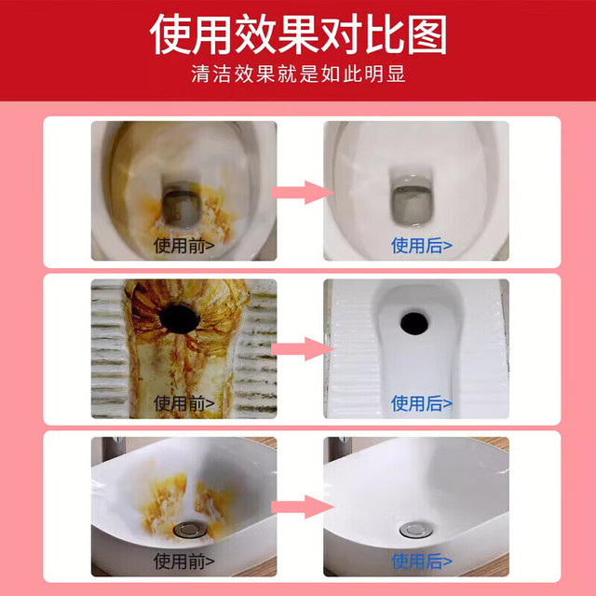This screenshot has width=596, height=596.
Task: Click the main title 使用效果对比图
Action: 298,34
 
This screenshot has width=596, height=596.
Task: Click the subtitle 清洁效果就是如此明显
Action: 298,74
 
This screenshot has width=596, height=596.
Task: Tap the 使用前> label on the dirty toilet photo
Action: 184,246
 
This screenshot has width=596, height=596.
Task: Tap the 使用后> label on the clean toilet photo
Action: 422,246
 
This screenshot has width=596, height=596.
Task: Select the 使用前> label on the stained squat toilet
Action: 184,403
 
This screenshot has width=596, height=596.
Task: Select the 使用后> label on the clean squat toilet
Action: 422,403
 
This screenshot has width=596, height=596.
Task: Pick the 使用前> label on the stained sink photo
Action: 184,561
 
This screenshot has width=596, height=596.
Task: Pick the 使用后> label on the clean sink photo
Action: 422,561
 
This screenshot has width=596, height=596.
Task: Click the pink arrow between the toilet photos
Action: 302,193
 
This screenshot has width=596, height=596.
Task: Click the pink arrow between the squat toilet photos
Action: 302,349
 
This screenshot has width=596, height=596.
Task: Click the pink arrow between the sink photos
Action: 302,507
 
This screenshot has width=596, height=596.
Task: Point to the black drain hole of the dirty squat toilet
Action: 179,318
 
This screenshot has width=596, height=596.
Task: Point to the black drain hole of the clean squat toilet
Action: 414,323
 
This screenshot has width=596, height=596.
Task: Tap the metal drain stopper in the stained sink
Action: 190,530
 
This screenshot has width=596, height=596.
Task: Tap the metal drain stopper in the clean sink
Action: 416,530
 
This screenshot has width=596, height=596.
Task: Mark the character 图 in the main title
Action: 427,35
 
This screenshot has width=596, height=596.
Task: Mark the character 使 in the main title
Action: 169,34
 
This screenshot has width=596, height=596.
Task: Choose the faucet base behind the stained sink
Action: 114,449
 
